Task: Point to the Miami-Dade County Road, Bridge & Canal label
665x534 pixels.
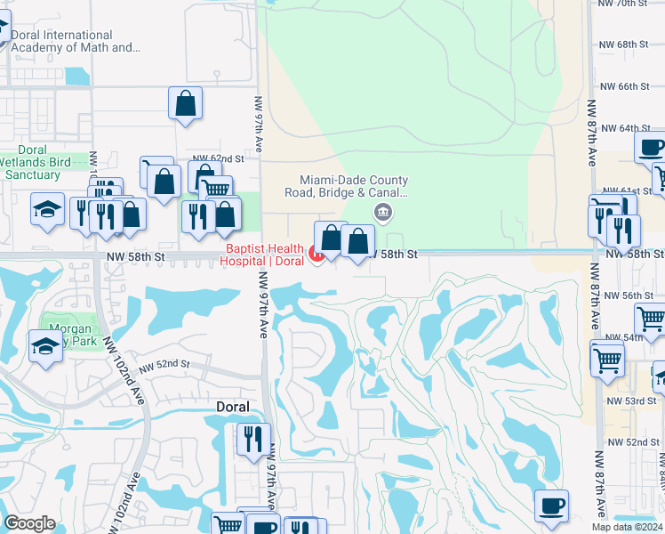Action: [346, 185]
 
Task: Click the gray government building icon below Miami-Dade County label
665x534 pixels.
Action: [383, 211]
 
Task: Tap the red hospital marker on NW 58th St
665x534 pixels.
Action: [316, 255]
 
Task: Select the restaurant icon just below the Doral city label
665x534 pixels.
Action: [252, 439]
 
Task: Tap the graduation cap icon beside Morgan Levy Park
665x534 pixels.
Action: [45, 345]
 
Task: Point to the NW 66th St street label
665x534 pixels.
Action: [627, 86]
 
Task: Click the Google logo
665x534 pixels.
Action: [29, 524]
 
